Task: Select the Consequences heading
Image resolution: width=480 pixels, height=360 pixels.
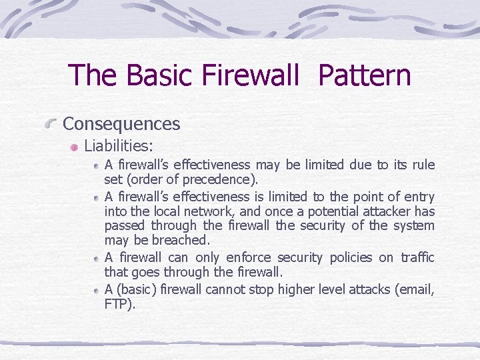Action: [x=121, y=124]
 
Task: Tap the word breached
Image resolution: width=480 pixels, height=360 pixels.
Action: [x=181, y=240]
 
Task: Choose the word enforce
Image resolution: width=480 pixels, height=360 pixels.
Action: [x=250, y=257]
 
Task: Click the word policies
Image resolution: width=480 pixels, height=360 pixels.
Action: [x=350, y=257]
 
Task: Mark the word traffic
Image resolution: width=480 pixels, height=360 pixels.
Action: [x=417, y=257]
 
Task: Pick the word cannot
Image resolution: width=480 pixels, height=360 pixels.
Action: [x=226, y=289]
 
